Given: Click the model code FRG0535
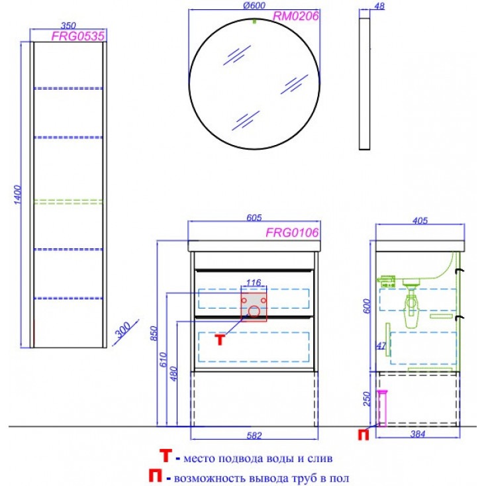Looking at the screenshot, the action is click(x=77, y=36).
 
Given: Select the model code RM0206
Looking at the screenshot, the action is click(x=295, y=16).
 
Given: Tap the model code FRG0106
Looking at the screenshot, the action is click(x=292, y=232).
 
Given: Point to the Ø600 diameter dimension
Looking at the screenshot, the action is click(x=254, y=5).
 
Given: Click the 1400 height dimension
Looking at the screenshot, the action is click(x=18, y=195).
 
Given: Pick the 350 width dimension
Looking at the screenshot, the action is click(x=68, y=25).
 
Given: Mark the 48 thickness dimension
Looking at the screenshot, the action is click(x=379, y=6).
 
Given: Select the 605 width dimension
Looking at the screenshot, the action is click(x=254, y=218).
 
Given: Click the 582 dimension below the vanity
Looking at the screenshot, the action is click(x=254, y=436).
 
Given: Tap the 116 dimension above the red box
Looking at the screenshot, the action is click(x=254, y=282).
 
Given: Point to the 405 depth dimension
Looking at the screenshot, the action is click(x=420, y=220).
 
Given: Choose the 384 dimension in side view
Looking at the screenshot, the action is click(x=418, y=434).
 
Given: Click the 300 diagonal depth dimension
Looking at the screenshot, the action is click(x=123, y=330).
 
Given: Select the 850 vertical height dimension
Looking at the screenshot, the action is click(x=154, y=333).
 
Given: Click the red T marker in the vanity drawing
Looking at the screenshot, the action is click(x=220, y=340).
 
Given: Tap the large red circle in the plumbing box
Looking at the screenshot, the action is click(x=254, y=311).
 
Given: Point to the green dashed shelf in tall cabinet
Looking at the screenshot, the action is click(x=68, y=202).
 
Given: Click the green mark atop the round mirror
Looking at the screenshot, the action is click(x=254, y=21).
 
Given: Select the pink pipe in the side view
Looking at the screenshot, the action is click(x=382, y=409).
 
